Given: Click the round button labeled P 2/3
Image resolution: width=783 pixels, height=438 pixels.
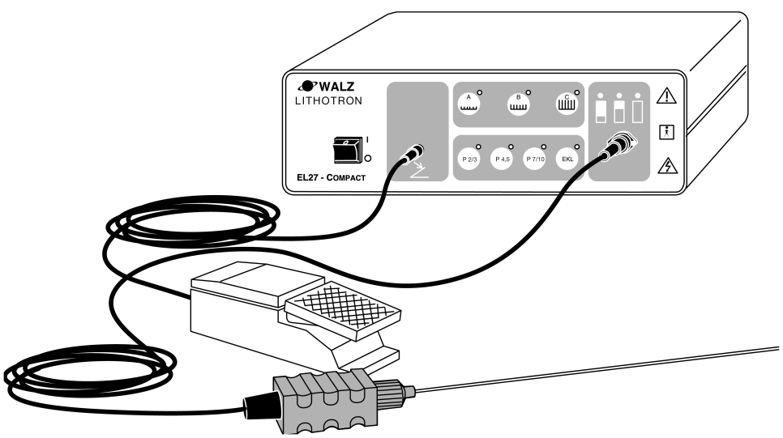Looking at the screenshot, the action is [x=469, y=159].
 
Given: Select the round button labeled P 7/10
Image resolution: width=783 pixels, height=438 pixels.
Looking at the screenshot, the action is [x=535, y=159].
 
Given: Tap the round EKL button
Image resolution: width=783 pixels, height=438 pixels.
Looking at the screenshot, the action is [x=567, y=159].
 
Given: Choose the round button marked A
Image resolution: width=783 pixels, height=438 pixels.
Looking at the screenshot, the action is [x=469, y=104].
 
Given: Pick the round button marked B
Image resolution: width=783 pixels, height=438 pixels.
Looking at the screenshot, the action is [x=518, y=104].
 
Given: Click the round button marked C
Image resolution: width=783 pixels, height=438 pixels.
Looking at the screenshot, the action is [x=567, y=104].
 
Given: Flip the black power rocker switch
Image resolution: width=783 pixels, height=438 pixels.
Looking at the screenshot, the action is [x=347, y=150].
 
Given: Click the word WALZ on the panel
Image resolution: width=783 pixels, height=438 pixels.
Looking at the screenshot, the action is [x=337, y=87].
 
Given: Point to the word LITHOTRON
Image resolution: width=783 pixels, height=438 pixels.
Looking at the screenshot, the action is [x=328, y=100].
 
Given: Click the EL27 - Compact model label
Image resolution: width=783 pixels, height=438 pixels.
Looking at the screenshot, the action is [x=331, y=177].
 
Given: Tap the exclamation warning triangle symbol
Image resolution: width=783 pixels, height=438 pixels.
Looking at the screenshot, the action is [x=666, y=96].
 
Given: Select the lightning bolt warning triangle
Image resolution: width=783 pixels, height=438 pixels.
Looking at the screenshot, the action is [x=667, y=166].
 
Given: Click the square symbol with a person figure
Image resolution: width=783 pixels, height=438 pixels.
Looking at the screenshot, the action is [x=666, y=132].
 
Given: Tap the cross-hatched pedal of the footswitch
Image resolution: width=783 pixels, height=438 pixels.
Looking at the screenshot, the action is [x=343, y=310].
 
